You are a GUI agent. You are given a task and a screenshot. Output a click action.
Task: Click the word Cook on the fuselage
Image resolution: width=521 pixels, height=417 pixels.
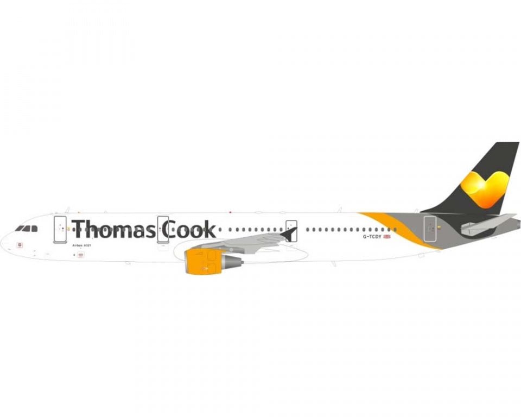(x=189, y=229)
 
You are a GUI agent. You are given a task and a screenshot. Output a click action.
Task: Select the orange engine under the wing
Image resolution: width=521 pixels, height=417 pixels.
(x=204, y=261)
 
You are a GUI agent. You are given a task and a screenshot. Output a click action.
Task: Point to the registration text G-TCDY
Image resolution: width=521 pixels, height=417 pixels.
(x=372, y=237)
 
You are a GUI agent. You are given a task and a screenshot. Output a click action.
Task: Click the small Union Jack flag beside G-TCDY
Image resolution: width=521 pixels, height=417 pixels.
(x=387, y=237)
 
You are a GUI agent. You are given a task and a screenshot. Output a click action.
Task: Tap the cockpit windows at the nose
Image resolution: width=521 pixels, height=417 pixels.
(x=27, y=229)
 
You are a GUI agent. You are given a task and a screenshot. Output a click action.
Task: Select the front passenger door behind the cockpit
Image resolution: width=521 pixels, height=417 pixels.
(x=60, y=229)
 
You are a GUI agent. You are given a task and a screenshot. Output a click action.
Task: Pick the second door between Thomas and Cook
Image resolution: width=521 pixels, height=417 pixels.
(x=163, y=229)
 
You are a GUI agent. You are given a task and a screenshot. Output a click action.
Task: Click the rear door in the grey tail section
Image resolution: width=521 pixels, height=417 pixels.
(x=430, y=229)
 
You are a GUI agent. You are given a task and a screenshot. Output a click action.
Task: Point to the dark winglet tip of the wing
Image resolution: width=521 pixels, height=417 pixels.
(x=290, y=234)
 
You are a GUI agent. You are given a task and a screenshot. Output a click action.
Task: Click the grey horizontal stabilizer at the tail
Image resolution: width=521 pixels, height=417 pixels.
(x=487, y=224)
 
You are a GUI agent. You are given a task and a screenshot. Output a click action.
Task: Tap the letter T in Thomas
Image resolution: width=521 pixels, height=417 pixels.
(x=79, y=229)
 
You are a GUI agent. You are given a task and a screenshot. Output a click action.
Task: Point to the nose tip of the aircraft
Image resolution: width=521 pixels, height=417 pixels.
(x=2, y=242)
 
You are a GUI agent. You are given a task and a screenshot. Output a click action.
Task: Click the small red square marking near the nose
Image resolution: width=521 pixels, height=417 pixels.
(x=21, y=245)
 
